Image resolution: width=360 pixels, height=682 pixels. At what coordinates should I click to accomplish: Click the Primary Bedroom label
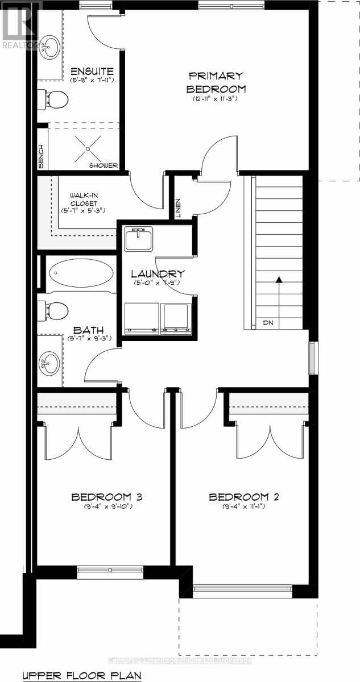216,82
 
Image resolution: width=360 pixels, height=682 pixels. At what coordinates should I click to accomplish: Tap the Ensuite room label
92,71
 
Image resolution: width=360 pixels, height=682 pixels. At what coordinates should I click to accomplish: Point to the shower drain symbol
88,148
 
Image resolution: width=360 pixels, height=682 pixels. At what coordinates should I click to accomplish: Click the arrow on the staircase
279,280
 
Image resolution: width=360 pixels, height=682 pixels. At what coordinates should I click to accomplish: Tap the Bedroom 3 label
106,497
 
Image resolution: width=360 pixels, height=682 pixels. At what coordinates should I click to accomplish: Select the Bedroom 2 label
243,497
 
